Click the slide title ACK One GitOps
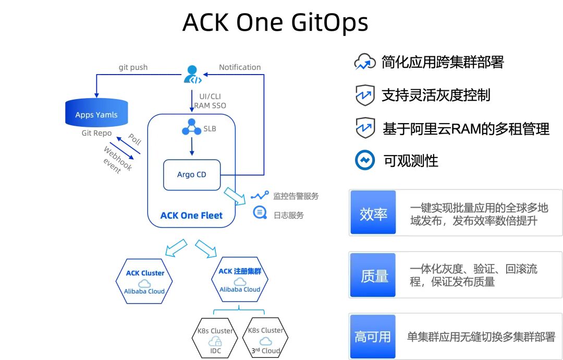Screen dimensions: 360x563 point(275,22)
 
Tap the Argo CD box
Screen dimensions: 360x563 point(192,175)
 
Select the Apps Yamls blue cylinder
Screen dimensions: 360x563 point(96,113)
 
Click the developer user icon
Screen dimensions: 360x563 point(192,74)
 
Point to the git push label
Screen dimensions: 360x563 point(133,67)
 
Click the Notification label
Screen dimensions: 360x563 point(240,67)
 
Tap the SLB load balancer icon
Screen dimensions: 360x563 point(191,127)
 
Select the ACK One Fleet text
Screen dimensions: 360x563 point(191,215)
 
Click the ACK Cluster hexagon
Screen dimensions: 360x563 point(144,281)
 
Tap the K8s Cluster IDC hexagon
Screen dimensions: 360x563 point(215,338)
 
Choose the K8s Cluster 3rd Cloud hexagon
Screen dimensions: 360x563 point(265,338)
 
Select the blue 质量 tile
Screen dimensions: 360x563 point(373,275)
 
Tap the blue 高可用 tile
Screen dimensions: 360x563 point(373,337)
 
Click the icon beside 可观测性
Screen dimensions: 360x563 point(365,160)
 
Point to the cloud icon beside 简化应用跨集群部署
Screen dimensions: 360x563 point(365,63)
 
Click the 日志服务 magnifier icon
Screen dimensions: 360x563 point(259,213)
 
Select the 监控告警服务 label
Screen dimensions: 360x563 point(296,196)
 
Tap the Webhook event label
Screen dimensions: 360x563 point(117,160)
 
